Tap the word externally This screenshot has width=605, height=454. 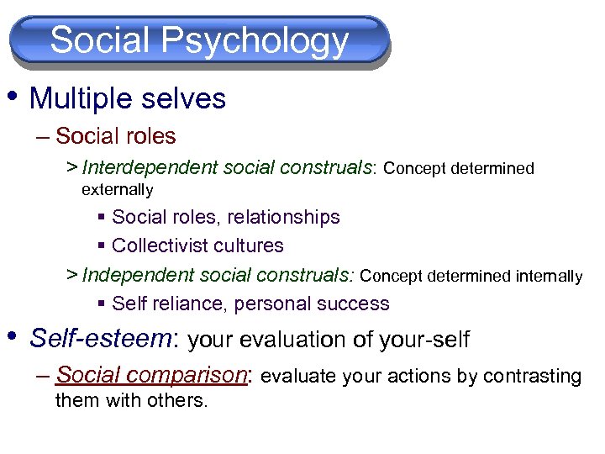[117, 190]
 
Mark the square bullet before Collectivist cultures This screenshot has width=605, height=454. [101, 245]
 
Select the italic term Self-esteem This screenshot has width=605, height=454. [101, 339]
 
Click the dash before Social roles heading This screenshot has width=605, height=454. [42, 136]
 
